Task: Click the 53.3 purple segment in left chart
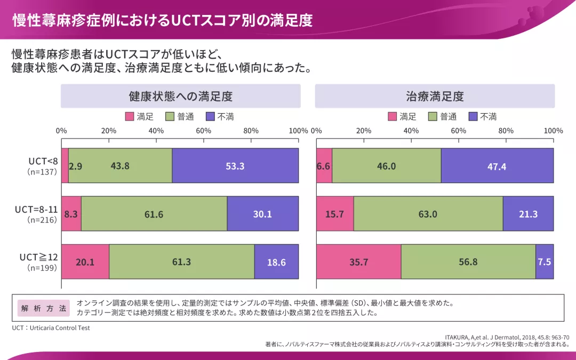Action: (235, 166)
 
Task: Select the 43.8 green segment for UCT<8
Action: (120, 166)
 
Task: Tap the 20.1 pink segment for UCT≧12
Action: (85, 262)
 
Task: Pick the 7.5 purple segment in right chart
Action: (545, 262)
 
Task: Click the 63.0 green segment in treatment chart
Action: (428, 214)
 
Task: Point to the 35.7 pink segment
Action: (358, 262)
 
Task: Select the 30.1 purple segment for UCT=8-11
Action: (262, 214)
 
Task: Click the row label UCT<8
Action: (43, 161)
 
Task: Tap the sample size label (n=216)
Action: (42, 220)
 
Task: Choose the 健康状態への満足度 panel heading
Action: (180, 97)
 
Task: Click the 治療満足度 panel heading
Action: (435, 97)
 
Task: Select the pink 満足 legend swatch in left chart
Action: (130, 117)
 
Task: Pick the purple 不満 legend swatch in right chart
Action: (473, 117)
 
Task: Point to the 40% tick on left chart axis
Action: (156, 131)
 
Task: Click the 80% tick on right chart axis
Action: (506, 131)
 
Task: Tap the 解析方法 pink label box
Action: (44, 308)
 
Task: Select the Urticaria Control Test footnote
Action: (51, 328)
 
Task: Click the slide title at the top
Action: (162, 20)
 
